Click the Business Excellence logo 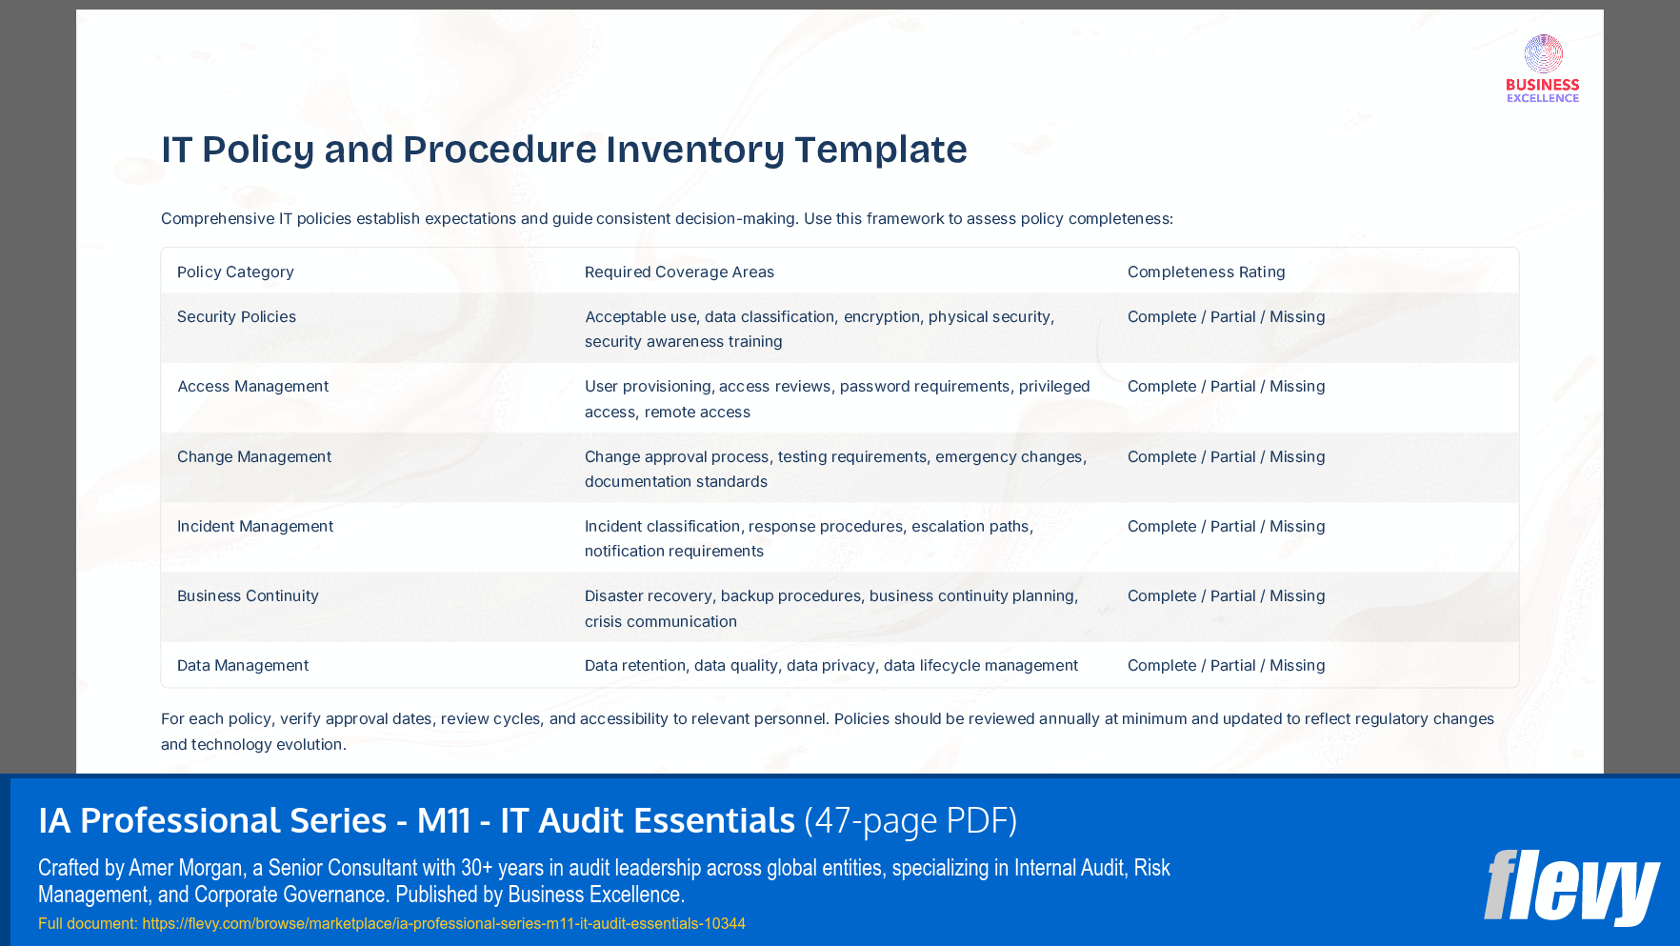1542,69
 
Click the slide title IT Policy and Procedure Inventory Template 564,150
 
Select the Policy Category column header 235,272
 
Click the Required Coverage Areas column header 679,272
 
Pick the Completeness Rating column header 1206,272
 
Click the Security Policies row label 236,317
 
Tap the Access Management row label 252,387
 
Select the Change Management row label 254,457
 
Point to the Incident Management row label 255,527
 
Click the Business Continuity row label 248,596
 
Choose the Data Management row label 243,666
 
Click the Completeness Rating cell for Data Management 1226,666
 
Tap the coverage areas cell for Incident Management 809,539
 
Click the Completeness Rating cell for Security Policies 1226,317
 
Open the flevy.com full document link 444,924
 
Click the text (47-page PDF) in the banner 910,820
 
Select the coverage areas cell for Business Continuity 830,609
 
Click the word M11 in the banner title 444,820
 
